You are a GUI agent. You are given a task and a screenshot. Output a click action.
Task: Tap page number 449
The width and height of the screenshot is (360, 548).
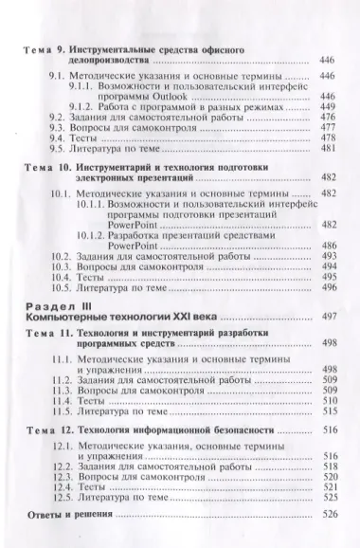coord(329,108)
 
